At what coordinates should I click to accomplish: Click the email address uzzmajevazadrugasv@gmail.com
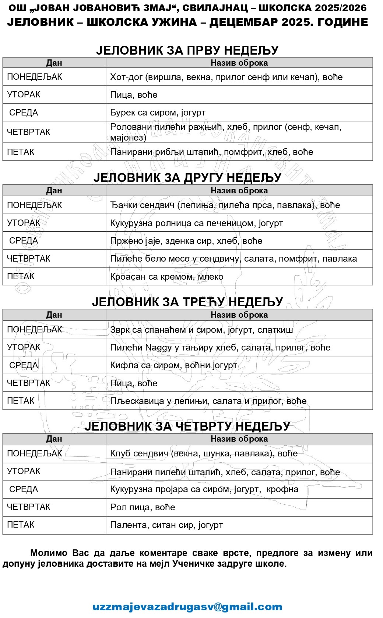click(x=187, y=607)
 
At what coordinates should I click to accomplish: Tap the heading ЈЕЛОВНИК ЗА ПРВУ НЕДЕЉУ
click(x=187, y=50)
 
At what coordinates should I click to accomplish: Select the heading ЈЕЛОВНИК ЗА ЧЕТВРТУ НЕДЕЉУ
click(x=187, y=426)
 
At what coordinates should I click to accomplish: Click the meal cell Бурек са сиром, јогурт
click(x=158, y=113)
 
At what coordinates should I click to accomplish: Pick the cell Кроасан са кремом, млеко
click(x=166, y=277)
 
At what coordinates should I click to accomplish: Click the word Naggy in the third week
click(x=158, y=348)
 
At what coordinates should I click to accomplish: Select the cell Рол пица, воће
click(x=143, y=507)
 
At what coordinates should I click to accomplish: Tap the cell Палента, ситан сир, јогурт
click(x=166, y=525)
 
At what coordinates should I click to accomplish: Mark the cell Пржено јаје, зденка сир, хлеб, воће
click(x=186, y=241)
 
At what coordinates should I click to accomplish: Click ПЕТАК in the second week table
click(x=21, y=276)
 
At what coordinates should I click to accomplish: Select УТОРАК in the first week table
click(x=24, y=94)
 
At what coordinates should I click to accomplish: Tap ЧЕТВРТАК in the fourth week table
click(x=29, y=507)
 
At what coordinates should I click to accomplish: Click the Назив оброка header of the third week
click(x=239, y=315)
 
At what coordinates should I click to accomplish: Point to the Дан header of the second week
click(x=54, y=190)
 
